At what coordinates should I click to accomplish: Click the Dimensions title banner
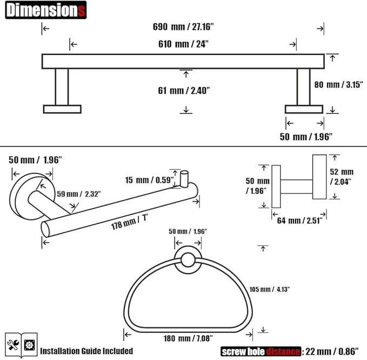(x=46, y=10)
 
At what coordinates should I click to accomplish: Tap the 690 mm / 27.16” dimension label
(x=183, y=26)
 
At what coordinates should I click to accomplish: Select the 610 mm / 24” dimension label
(x=183, y=44)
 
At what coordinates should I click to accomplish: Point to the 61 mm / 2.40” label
(x=184, y=90)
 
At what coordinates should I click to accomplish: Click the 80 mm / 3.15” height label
(x=338, y=84)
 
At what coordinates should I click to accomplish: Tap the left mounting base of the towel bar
(x=62, y=109)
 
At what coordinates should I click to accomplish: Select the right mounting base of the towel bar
(x=304, y=109)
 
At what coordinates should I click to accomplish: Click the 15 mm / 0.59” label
(x=149, y=180)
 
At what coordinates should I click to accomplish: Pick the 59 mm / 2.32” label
(x=79, y=194)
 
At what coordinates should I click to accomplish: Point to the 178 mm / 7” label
(x=129, y=222)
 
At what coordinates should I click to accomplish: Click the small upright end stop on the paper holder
(x=184, y=179)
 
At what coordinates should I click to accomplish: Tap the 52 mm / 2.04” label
(x=342, y=177)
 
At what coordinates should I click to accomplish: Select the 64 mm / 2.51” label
(x=299, y=221)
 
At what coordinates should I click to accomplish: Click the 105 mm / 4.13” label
(x=269, y=289)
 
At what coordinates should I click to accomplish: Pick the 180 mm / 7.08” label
(x=188, y=338)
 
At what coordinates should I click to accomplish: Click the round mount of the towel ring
(x=188, y=260)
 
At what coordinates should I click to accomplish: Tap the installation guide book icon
(x=21, y=345)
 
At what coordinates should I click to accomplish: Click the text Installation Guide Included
(x=86, y=351)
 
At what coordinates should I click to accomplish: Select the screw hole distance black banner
(x=261, y=351)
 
